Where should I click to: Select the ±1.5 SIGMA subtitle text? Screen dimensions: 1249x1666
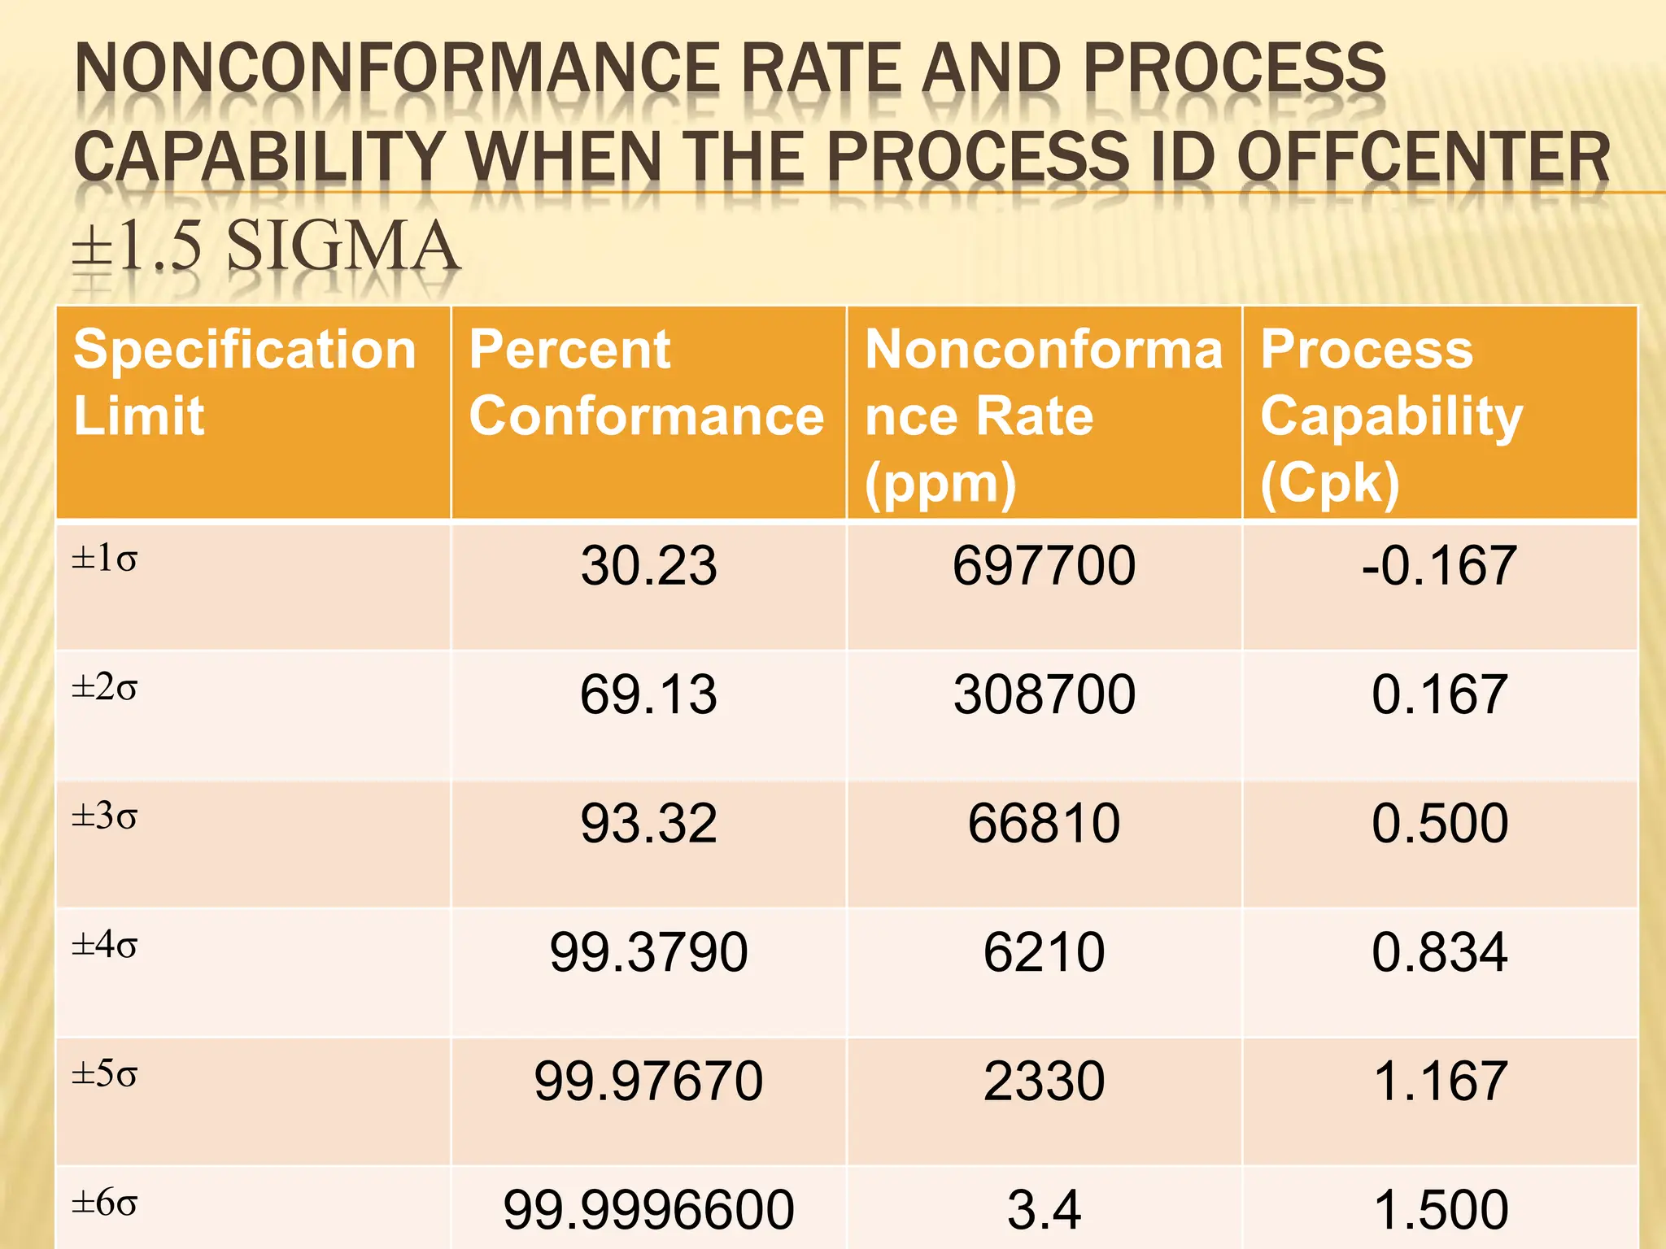click(265, 246)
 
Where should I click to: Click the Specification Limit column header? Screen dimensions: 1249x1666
click(244, 382)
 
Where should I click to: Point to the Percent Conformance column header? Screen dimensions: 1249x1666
click(647, 382)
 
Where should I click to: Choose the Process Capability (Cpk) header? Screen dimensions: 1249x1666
click(1391, 416)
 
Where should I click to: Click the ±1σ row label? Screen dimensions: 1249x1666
click(105, 559)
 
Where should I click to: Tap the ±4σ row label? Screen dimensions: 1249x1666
click(105, 945)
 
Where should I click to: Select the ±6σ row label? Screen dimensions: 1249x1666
click(105, 1202)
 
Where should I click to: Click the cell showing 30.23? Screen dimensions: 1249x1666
click(648, 566)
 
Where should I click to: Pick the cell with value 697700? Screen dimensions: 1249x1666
click(1044, 566)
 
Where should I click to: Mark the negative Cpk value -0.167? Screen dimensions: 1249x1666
click(1438, 566)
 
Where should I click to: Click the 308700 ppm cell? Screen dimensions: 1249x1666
click(1044, 695)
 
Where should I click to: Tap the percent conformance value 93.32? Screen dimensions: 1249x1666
click(648, 824)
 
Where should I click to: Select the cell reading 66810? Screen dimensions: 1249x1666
click(1044, 824)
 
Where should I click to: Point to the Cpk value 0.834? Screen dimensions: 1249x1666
click(1439, 952)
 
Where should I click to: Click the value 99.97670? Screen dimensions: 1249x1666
click(648, 1081)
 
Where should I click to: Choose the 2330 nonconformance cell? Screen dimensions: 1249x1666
click(1044, 1081)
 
